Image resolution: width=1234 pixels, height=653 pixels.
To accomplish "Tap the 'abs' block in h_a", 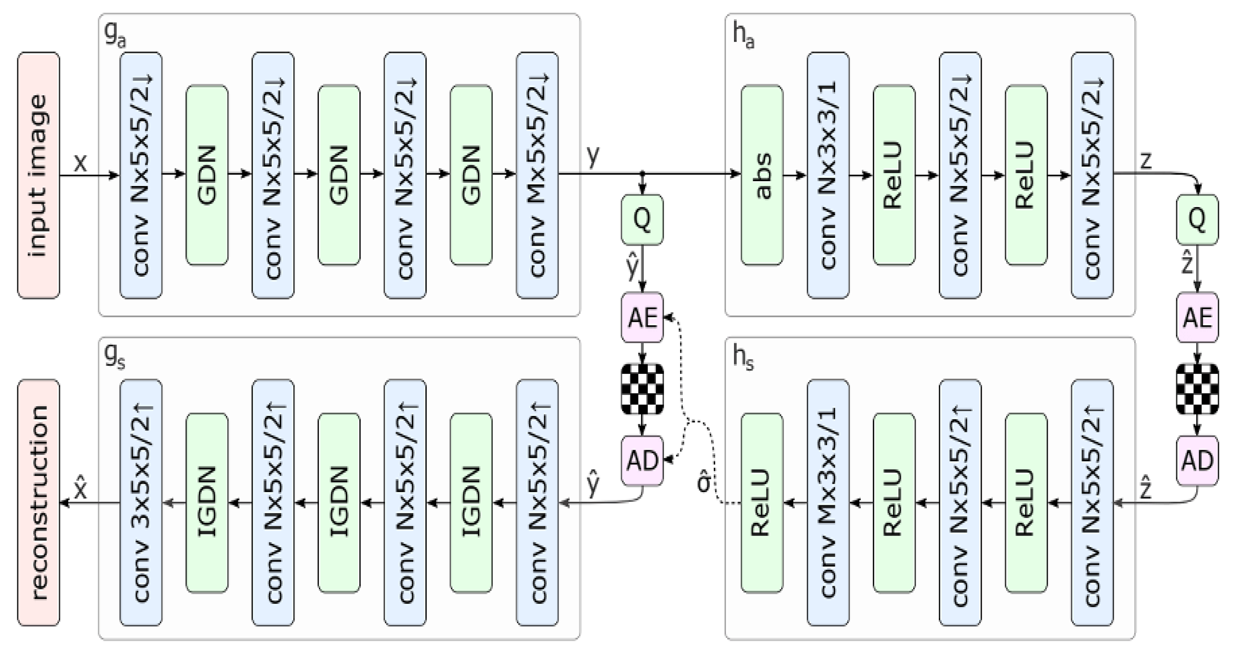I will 762,175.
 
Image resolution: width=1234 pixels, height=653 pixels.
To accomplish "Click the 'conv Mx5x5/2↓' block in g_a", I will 537,175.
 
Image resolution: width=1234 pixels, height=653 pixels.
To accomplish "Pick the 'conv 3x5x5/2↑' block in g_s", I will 141,503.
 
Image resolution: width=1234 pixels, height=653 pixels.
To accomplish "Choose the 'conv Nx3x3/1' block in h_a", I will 828,175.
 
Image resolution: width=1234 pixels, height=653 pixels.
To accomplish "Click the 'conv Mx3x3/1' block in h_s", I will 828,503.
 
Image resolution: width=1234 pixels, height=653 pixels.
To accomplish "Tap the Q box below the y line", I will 642,219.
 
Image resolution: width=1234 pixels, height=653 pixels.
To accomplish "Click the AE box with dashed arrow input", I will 642,317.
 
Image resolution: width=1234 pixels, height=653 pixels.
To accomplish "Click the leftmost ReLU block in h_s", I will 762,503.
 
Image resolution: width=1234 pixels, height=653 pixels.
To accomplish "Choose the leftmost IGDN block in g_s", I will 207,503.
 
